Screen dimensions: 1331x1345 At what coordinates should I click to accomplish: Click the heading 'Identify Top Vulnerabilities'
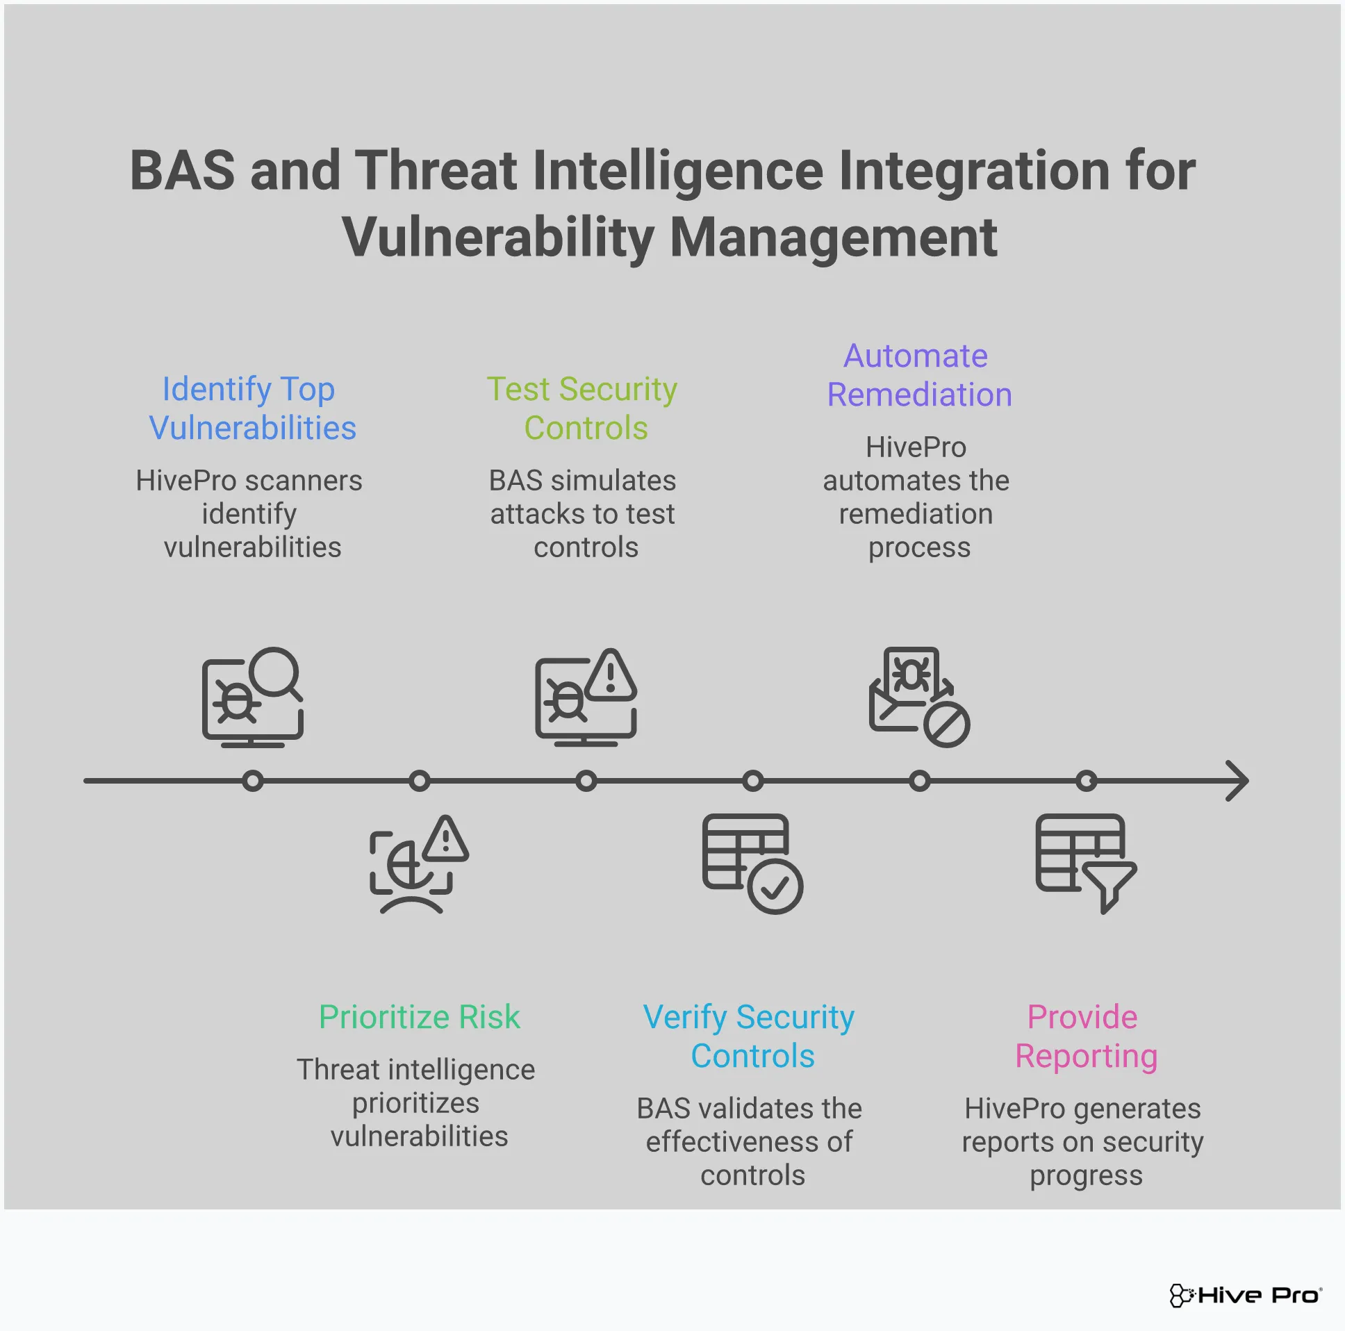pos(252,408)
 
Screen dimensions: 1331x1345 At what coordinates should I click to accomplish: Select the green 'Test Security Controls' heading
pos(583,408)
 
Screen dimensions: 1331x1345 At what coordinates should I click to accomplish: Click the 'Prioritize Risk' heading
pos(419,1017)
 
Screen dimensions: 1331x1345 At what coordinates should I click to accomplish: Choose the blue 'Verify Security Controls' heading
pos(749,1036)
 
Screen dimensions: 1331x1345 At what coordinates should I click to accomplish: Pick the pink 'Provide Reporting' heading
pos(1084,1036)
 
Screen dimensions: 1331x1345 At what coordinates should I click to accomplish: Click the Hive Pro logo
pos(1245,1295)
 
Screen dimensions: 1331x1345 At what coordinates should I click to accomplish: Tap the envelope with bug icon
pos(918,697)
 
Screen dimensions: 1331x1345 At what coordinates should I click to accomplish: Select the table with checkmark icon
pos(752,863)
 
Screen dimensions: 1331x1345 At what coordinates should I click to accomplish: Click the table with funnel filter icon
pos(1085,863)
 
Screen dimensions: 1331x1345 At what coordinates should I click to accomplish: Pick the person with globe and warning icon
pos(418,863)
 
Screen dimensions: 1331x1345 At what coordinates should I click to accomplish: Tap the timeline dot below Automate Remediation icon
pos(919,781)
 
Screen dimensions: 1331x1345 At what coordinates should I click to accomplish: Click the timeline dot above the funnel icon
pos(1086,781)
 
